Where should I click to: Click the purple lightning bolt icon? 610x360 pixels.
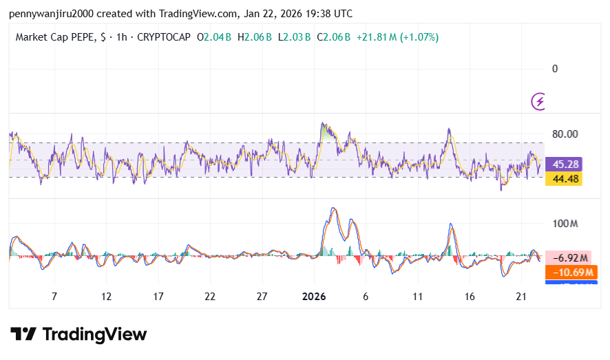(539, 102)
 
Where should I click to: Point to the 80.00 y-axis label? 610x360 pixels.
(565, 134)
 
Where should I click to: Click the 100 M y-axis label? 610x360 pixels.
(565, 224)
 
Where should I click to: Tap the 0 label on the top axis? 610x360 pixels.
(555, 69)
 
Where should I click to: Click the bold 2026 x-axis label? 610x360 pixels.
(314, 296)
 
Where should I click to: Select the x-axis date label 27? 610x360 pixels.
(262, 296)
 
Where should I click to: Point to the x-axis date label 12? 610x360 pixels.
(106, 296)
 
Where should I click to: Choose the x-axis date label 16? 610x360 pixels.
(470, 296)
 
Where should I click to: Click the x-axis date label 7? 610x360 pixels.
(54, 296)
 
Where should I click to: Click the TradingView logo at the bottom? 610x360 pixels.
(78, 335)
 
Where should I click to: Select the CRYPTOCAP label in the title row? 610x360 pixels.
(164, 37)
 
